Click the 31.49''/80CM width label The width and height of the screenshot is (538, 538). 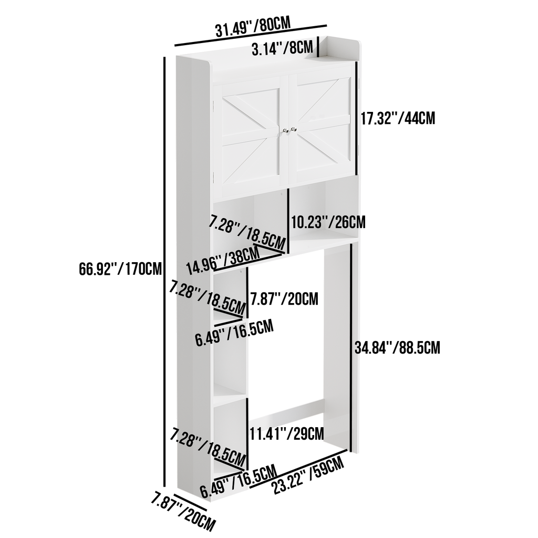pos(253,26)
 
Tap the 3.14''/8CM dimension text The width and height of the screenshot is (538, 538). pos(282,48)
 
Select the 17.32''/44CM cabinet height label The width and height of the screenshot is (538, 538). pos(398,119)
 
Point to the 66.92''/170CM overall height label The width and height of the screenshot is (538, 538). pos(120,268)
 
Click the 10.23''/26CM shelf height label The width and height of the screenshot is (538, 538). pos(328,222)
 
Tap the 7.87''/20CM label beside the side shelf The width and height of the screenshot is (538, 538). pos(284,298)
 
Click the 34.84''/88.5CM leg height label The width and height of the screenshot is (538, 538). pos(397,348)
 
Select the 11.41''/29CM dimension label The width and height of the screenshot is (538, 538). pos(286,433)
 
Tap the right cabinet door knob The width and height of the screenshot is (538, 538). pos(294,129)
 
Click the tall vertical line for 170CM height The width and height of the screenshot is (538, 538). pos(164,272)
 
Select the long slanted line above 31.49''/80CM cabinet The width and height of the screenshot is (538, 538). pos(251,35)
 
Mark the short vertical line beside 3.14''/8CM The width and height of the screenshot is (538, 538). pos(318,46)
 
